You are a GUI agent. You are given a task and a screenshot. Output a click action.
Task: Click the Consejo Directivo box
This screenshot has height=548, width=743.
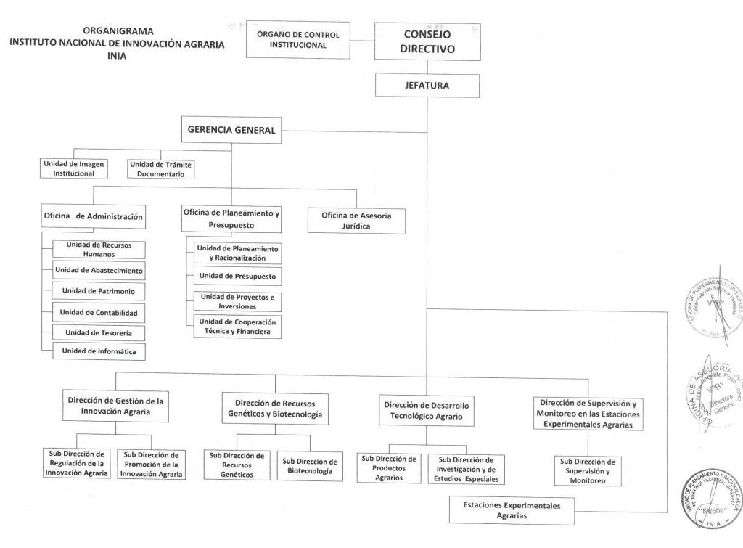point(427,41)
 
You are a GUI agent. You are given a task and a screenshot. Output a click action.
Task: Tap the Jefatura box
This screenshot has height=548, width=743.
point(427,86)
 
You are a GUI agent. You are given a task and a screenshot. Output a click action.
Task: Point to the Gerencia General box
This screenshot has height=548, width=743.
point(231,131)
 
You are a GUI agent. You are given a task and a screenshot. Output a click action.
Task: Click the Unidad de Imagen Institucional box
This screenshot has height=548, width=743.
point(74,168)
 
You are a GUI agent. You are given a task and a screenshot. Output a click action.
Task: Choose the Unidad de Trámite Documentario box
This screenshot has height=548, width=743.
point(160,168)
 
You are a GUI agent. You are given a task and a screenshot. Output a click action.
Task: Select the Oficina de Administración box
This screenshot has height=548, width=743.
point(94,216)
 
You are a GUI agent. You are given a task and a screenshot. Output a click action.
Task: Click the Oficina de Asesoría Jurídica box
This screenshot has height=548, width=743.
point(356,221)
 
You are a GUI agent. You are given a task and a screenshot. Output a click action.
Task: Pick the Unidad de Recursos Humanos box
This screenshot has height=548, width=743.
point(99,249)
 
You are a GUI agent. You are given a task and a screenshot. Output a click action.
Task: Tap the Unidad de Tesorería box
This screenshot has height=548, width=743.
point(99,332)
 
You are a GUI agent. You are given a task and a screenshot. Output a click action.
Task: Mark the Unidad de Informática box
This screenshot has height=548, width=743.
point(99,352)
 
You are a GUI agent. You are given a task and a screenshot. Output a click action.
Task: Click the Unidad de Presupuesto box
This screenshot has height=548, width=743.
point(237,277)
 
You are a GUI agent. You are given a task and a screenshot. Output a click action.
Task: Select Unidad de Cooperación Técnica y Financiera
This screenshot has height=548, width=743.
point(237,327)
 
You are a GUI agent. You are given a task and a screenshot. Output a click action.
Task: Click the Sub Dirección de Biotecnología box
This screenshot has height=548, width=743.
point(310,465)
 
